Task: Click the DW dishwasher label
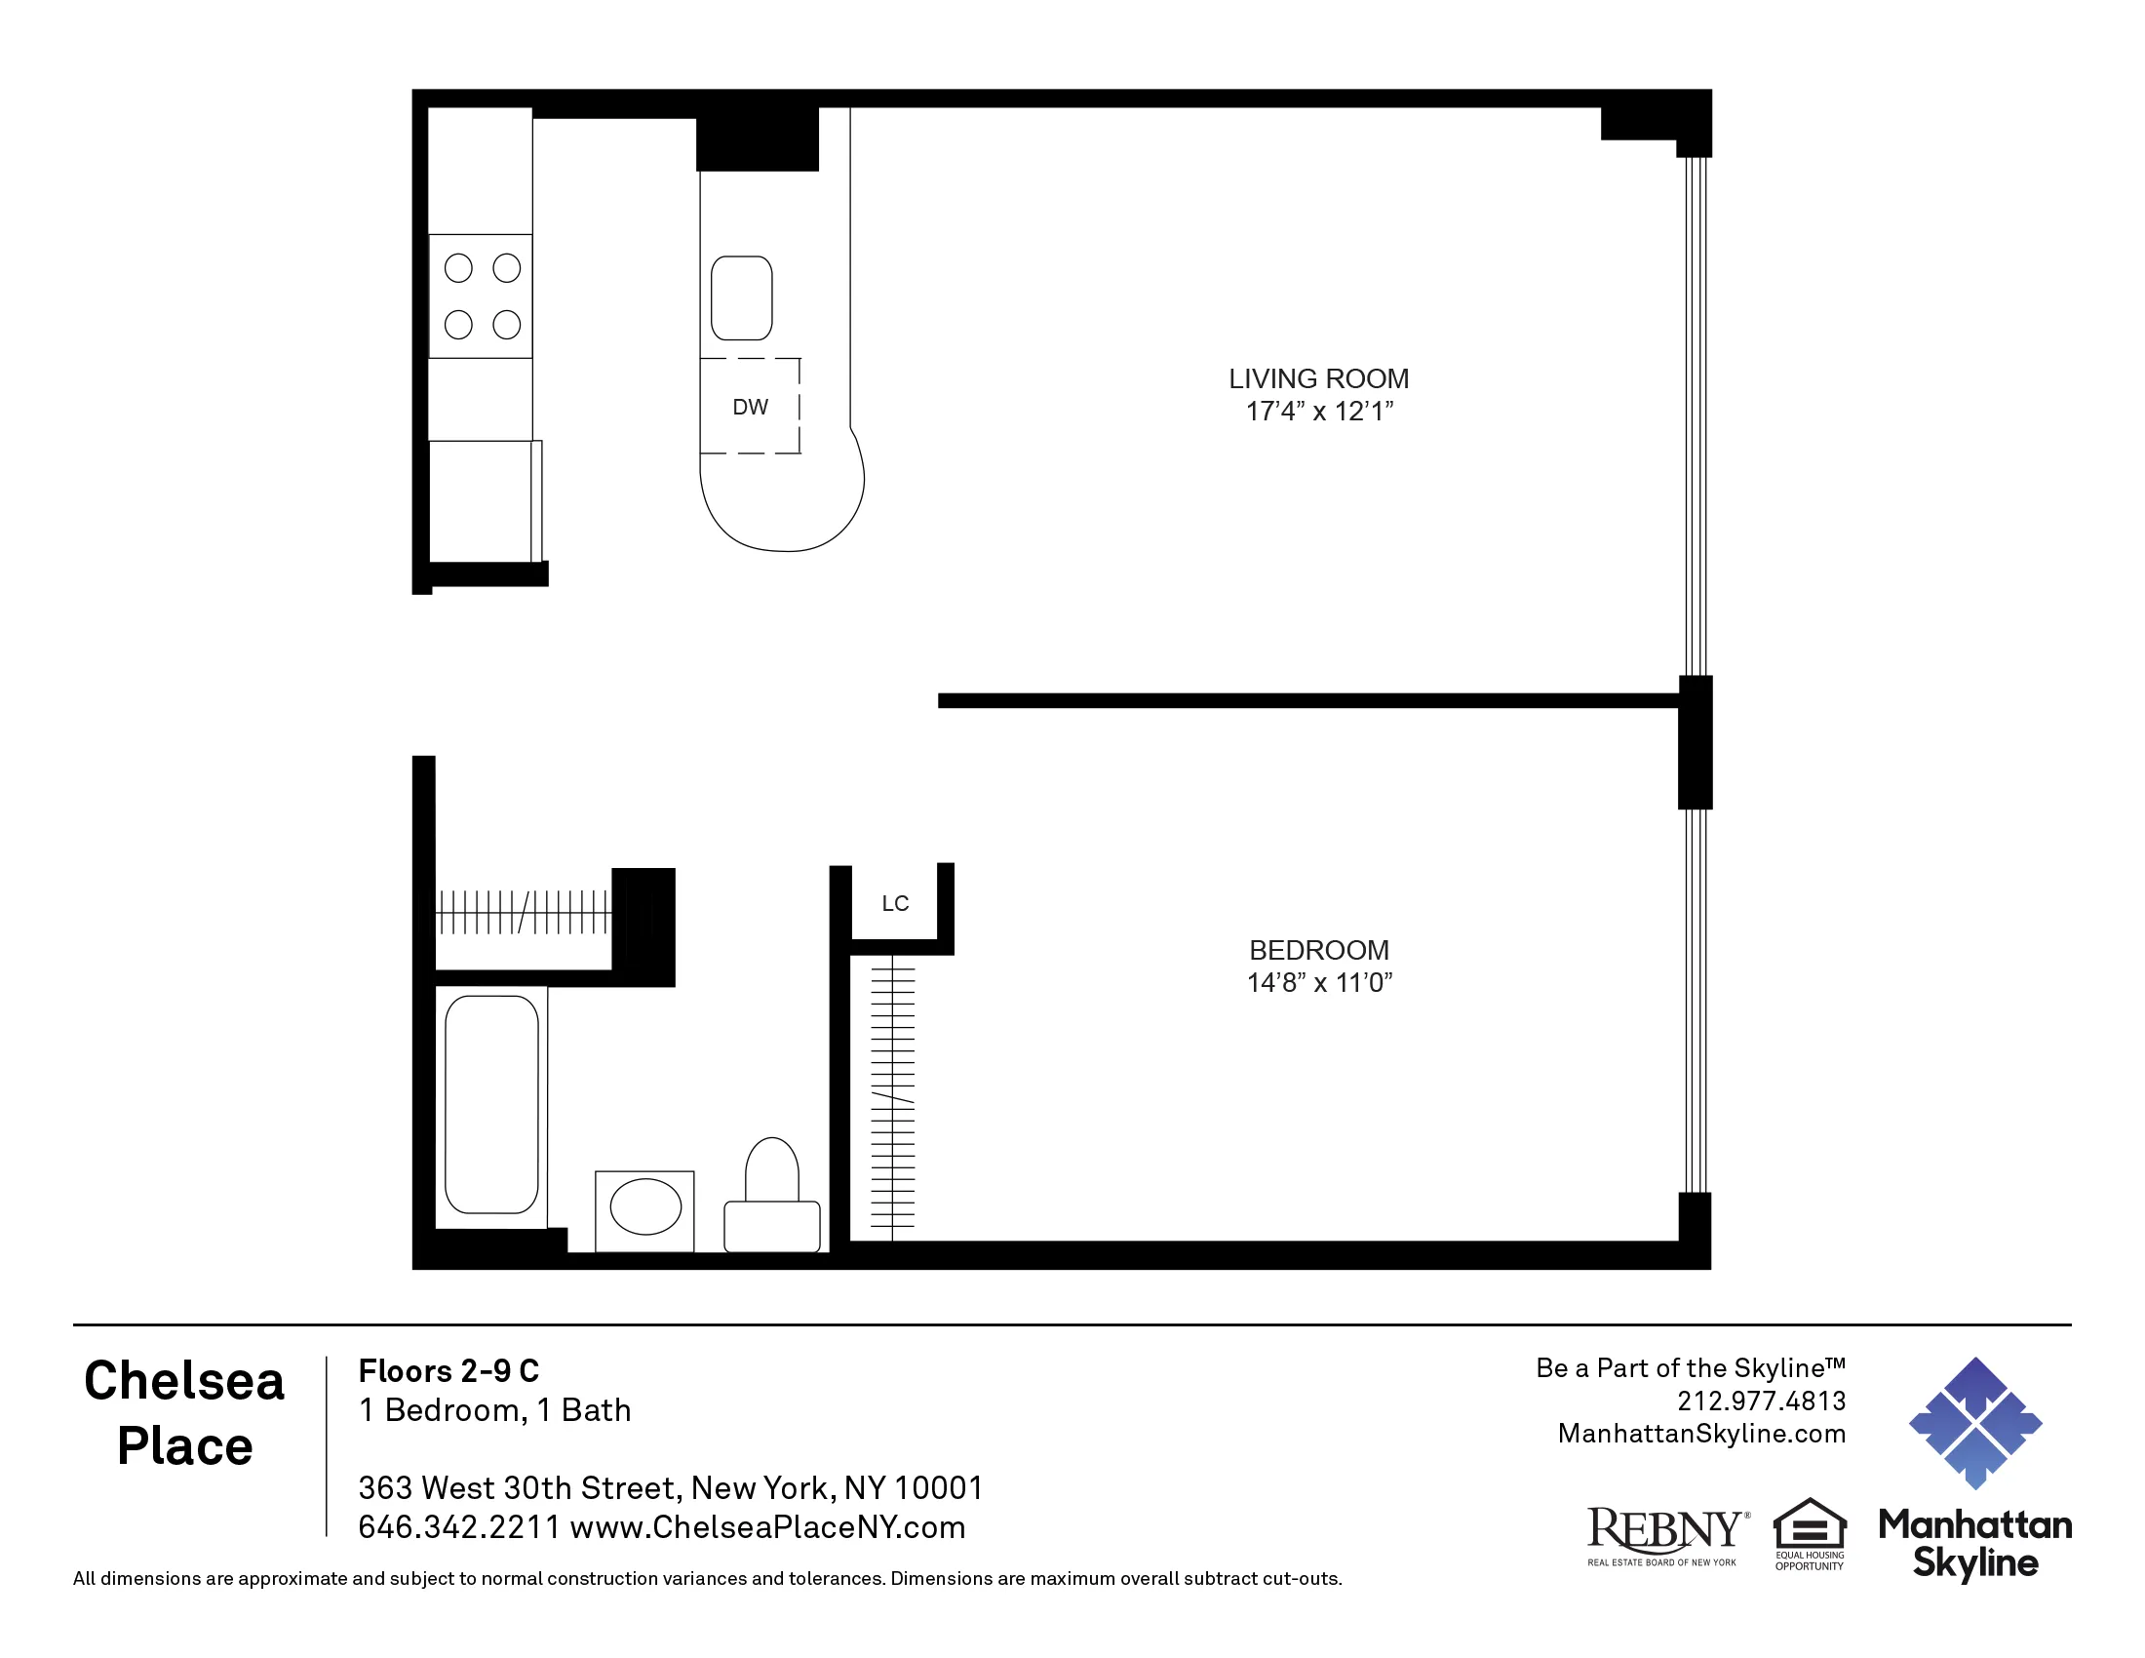coord(750,407)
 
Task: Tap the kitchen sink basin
coord(742,297)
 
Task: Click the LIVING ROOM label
coord(1318,378)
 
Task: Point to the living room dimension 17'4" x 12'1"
coord(1318,412)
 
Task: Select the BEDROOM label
coord(1318,950)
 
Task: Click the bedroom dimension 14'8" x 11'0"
coord(1318,982)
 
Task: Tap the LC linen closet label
coord(895,904)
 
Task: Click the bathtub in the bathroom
coord(491,1105)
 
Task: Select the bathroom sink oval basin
coord(645,1206)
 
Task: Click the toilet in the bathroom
coord(772,1199)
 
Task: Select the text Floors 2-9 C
coord(448,1370)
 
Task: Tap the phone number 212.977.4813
coord(1761,1401)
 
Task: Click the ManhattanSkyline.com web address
coord(1701,1433)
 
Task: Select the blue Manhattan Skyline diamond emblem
coord(1974,1422)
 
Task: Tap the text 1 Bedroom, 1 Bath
coord(494,1410)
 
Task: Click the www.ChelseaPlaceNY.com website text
coord(767,1527)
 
